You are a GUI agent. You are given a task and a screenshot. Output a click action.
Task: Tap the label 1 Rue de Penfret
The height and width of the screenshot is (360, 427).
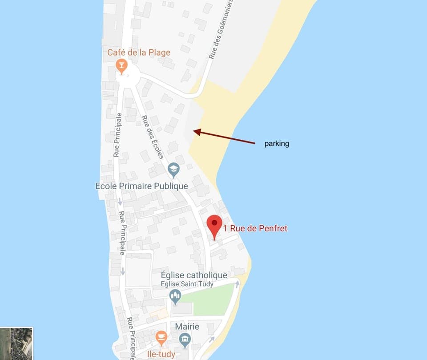click(255, 229)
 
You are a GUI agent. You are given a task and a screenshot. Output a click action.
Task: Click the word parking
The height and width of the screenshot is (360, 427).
click(277, 144)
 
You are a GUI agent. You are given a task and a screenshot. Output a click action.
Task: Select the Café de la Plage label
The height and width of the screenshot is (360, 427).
click(139, 53)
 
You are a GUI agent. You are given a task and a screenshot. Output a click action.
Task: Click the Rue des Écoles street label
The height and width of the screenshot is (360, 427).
click(153, 137)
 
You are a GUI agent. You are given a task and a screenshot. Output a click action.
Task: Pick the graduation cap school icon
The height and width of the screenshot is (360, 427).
click(173, 169)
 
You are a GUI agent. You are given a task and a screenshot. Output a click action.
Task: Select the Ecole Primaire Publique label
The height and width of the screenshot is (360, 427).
click(142, 186)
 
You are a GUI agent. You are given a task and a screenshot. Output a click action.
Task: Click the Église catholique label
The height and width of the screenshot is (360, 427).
click(194, 275)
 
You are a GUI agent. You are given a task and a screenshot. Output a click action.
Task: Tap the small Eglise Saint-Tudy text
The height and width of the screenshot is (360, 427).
click(187, 284)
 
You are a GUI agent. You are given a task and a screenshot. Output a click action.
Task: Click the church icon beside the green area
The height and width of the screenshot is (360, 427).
click(175, 295)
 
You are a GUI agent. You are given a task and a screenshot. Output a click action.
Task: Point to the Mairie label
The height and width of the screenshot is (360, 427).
click(187, 327)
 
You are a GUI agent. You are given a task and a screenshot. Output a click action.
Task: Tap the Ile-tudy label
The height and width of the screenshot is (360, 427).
click(161, 355)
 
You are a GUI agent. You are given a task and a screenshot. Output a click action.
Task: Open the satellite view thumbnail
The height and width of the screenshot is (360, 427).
click(16, 344)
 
